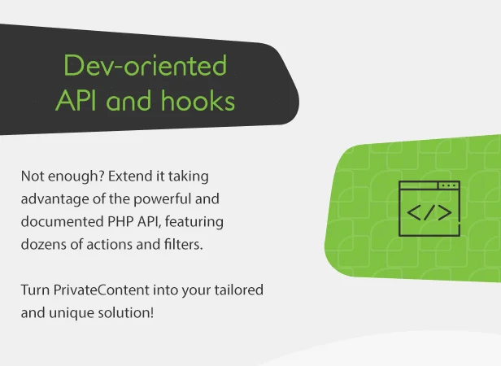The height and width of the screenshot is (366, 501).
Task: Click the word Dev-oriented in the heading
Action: [146, 66]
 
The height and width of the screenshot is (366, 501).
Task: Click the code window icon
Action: [429, 209]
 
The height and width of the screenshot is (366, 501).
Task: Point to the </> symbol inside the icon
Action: [429, 215]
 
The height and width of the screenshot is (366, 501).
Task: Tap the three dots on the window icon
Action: [448, 185]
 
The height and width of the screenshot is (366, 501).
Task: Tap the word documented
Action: [57, 222]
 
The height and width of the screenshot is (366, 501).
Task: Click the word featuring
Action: [198, 222]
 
